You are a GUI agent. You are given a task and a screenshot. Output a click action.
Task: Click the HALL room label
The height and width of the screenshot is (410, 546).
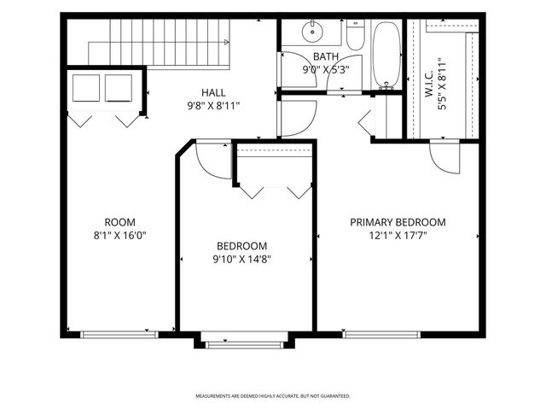[213, 93]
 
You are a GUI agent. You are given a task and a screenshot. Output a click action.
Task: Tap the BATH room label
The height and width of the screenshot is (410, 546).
[326, 56]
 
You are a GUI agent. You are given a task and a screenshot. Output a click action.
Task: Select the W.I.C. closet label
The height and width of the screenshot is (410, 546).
[428, 84]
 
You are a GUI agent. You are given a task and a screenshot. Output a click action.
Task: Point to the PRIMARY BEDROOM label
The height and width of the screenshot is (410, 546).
[398, 222]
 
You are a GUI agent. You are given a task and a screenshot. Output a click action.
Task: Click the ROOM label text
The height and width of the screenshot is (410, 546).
[119, 222]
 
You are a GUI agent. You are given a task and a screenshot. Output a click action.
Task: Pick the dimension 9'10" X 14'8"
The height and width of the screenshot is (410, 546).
[242, 260]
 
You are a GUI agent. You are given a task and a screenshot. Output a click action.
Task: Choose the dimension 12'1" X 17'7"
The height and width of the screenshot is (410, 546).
[398, 236]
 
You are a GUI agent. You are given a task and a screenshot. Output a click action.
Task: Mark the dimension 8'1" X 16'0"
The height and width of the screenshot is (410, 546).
[119, 236]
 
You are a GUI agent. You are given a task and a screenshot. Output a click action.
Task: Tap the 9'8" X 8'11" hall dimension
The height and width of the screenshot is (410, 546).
[213, 106]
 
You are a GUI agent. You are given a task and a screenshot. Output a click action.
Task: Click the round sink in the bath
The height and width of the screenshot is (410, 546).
[312, 32]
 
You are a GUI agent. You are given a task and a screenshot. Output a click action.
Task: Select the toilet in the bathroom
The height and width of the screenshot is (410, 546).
[356, 34]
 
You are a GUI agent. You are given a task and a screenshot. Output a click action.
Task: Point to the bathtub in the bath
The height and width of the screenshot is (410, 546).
[386, 54]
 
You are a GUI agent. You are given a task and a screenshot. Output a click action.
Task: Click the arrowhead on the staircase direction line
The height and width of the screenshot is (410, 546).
[227, 42]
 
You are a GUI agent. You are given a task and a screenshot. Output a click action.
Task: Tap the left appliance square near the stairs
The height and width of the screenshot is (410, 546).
[86, 88]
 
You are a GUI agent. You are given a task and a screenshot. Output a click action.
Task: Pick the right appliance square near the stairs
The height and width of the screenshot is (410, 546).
[119, 88]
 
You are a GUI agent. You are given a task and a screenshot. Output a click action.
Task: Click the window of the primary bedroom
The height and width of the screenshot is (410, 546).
[381, 335]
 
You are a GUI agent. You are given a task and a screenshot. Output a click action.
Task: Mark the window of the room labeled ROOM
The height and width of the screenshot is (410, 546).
[119, 335]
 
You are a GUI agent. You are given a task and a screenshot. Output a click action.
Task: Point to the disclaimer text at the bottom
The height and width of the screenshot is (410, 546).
[273, 396]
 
